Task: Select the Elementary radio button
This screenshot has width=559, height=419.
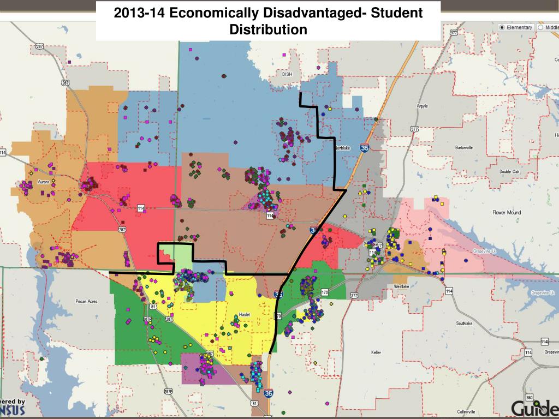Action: [502, 27]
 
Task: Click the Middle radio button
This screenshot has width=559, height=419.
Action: [540, 27]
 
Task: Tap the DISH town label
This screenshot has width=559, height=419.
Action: [287, 74]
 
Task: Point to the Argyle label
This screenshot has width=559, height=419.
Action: [422, 106]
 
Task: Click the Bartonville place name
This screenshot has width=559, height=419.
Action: [464, 147]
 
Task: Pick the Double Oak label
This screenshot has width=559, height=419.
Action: [509, 171]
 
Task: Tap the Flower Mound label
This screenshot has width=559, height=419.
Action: [507, 212]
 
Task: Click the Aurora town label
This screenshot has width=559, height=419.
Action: [43, 182]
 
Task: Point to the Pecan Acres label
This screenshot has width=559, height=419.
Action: [86, 301]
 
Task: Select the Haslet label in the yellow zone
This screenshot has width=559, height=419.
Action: [245, 315]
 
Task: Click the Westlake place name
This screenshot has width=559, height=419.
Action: [401, 286]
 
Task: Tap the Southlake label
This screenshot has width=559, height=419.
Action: [465, 324]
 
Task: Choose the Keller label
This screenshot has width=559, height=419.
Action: [376, 352]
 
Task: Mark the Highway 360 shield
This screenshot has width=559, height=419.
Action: [529, 397]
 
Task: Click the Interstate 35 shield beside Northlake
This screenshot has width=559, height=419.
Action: [364, 147]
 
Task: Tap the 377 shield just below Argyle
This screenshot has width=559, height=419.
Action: [415, 129]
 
